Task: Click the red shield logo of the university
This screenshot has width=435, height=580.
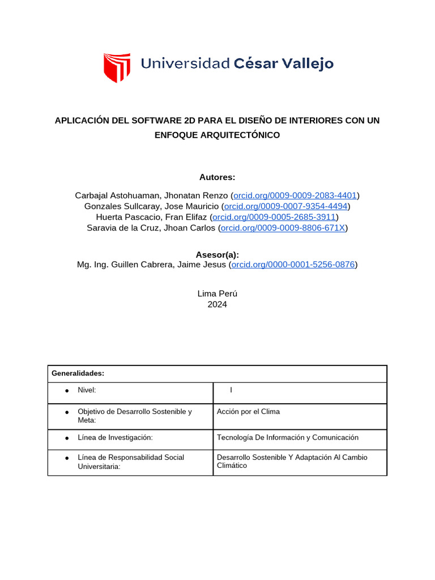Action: coord(117,67)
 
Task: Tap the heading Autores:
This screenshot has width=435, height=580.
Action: coord(217,177)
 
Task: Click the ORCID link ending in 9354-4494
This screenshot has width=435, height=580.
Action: coord(285,206)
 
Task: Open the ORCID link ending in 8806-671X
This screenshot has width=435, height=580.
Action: coord(283,228)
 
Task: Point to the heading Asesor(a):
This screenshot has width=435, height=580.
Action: coord(217,255)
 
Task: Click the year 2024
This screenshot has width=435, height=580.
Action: coord(217,304)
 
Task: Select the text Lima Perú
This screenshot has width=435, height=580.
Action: coord(217,293)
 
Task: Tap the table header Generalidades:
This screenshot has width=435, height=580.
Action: coord(78,374)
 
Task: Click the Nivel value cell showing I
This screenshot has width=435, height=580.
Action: coord(231,390)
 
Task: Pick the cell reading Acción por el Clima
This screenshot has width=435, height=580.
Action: coord(248,412)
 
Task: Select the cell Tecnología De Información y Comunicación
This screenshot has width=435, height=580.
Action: coord(288,438)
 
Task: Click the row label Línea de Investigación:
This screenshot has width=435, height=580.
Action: coord(116,438)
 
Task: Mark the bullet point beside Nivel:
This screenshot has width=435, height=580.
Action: coord(67,391)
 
